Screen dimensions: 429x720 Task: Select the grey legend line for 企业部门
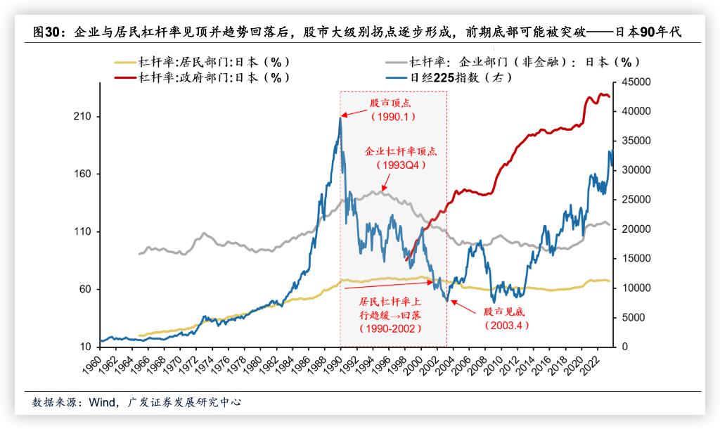(397, 63)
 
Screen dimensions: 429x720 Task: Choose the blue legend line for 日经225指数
(397, 77)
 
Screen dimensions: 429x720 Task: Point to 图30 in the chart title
(49, 32)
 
